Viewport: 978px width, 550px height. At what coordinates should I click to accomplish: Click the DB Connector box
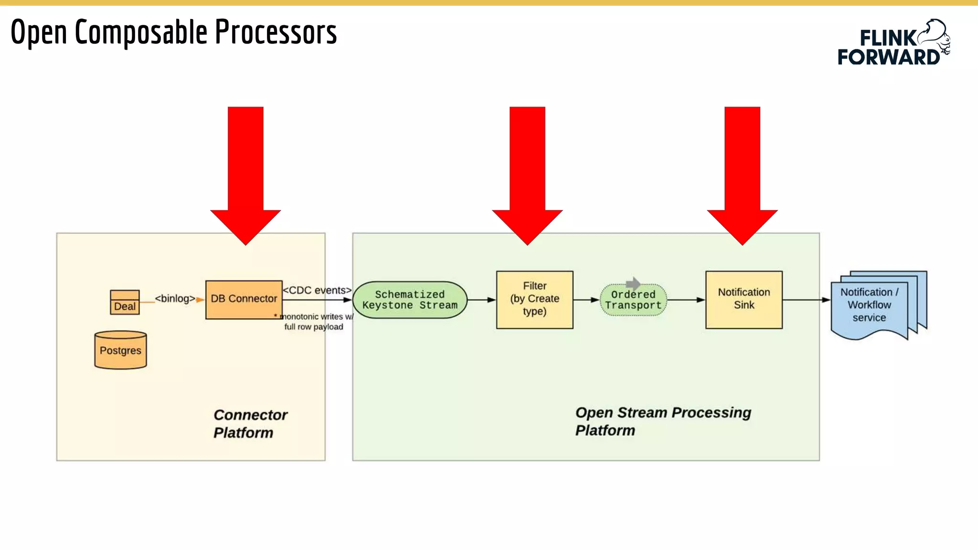tap(244, 299)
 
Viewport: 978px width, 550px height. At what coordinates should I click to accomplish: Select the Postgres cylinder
tap(120, 350)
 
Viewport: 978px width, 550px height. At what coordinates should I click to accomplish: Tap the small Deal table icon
tap(125, 302)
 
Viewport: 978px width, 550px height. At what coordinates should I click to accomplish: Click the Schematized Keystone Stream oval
tap(410, 300)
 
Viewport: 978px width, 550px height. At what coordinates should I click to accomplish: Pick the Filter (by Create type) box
tap(534, 299)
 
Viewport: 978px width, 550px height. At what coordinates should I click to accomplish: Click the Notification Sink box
tap(744, 299)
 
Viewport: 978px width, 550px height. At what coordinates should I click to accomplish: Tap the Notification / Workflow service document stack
tap(874, 305)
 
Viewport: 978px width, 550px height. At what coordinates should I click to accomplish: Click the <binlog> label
tap(175, 298)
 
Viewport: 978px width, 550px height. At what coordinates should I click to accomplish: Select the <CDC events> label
tap(317, 290)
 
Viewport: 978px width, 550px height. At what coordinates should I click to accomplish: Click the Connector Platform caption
tap(250, 423)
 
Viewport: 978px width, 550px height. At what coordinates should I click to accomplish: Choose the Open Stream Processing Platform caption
tap(662, 421)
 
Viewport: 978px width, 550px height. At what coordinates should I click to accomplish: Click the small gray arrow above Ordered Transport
tap(633, 284)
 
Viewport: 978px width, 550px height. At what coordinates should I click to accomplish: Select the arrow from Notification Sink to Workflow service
tap(806, 300)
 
